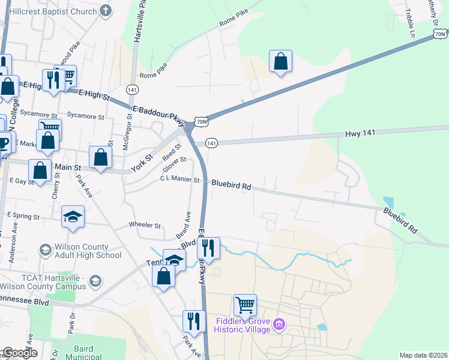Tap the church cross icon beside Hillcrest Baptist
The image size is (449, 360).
(106, 10)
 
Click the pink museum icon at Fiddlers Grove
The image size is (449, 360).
(278, 325)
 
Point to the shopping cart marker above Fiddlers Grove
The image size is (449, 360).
(245, 305)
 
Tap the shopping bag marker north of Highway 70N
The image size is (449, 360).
(280, 61)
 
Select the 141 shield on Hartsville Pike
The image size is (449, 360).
(132, 89)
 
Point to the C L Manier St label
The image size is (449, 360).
(179, 179)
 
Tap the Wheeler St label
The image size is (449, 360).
(145, 226)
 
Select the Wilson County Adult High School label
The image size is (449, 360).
(79, 251)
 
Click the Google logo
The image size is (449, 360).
(19, 353)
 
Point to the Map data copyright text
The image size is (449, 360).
(423, 355)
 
